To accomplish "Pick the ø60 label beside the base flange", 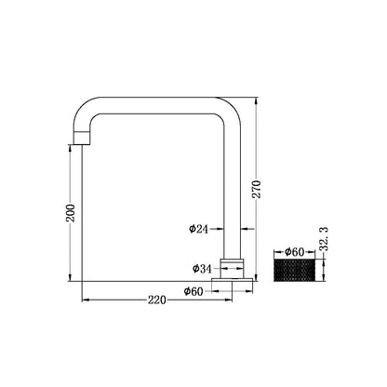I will pos(194,291).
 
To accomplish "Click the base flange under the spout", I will pos(233,275).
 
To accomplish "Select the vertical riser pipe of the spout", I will pos(233,186).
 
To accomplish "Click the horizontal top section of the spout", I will pos(158,105).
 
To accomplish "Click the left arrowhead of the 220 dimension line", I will pos(87,300).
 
